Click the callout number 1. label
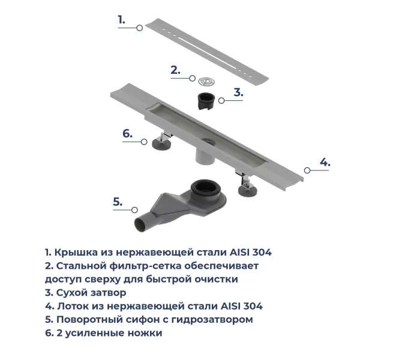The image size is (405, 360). [121, 20]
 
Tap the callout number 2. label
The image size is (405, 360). [175, 70]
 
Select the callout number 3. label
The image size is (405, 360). [238, 92]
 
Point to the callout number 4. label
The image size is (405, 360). [324, 162]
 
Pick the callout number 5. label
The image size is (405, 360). [118, 202]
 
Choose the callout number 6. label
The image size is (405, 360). [127, 133]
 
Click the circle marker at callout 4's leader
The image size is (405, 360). [307, 170]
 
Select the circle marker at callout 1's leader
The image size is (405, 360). [140, 28]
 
